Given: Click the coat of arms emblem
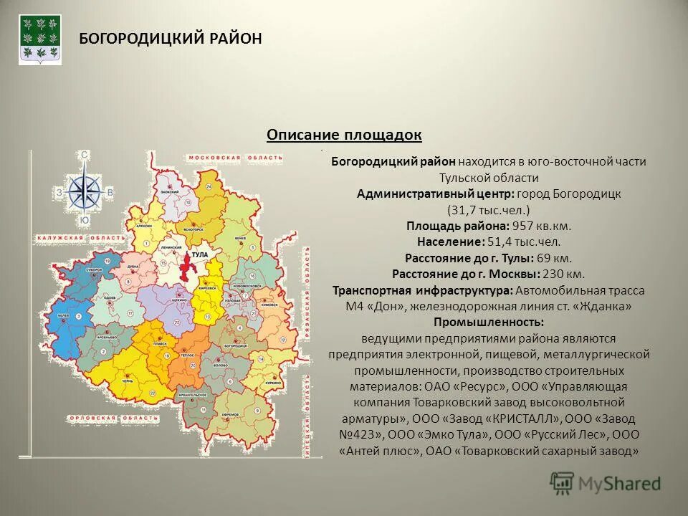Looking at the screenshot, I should click(x=40, y=39).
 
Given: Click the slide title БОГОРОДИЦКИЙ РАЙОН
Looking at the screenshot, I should click(x=170, y=39).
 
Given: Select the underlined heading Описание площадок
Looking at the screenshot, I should click(x=344, y=135).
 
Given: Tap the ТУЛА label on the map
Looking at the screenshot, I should click(x=201, y=255).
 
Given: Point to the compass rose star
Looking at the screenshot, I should click(x=85, y=189).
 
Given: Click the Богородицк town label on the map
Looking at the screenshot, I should click(x=236, y=346).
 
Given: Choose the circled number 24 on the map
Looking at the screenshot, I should click(x=209, y=186).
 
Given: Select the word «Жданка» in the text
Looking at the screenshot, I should click(x=607, y=307).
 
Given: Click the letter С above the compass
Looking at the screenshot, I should click(x=85, y=155).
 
